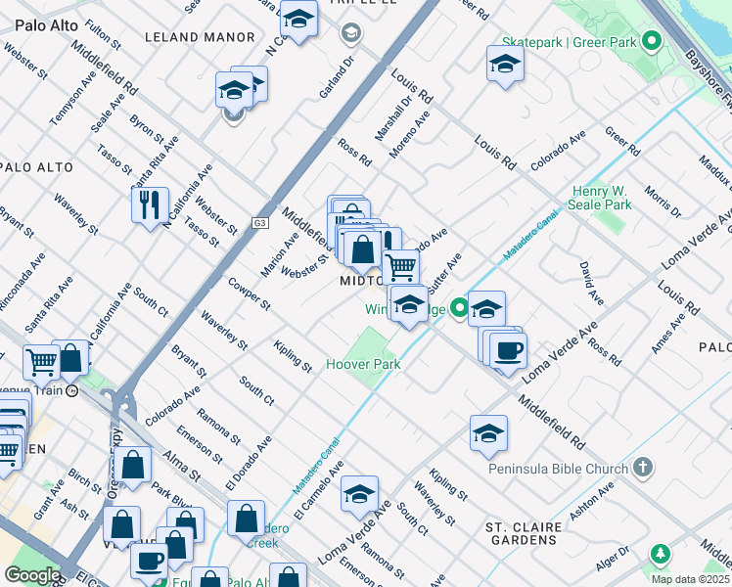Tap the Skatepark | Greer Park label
click(x=569, y=42)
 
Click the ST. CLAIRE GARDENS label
click(x=525, y=535)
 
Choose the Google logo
click(x=32, y=574)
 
